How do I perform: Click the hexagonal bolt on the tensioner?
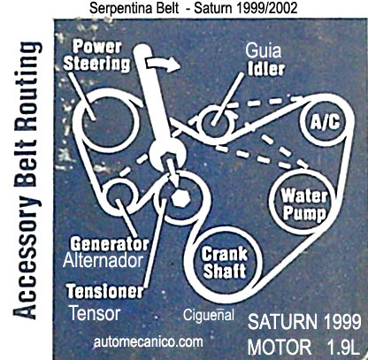tap(180, 198)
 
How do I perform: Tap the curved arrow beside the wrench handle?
tap(164, 64)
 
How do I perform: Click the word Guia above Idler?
tap(263, 50)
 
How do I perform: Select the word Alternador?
tap(103, 260)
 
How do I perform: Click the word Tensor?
tap(95, 313)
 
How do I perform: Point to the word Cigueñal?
tap(209, 315)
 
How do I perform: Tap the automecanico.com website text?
tap(149, 342)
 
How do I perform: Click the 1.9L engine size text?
tap(342, 347)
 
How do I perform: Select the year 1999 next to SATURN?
tap(342, 322)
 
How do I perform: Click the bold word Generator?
tap(110, 244)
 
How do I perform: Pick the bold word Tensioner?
tap(105, 291)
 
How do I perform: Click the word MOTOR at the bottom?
tap(280, 347)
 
